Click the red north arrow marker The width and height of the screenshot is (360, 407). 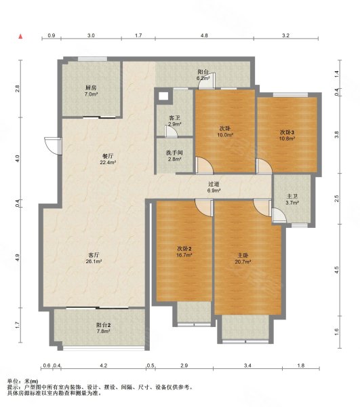pyautogui.click(x=20, y=37)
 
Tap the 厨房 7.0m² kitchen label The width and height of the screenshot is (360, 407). pyautogui.click(x=91, y=91)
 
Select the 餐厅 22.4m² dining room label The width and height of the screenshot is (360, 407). pyautogui.click(x=108, y=159)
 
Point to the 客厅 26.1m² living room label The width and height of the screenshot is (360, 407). pyautogui.click(x=94, y=258)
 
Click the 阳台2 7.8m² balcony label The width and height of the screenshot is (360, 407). pyautogui.click(x=103, y=328)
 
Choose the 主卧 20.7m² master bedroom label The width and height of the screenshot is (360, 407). pyautogui.click(x=243, y=259)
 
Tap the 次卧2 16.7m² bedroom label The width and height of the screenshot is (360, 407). pyautogui.click(x=184, y=252)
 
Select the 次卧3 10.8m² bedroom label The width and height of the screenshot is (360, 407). pyautogui.click(x=287, y=135)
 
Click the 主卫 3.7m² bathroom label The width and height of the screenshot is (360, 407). pyautogui.click(x=292, y=199)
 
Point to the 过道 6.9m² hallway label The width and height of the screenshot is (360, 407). pyautogui.click(x=214, y=187)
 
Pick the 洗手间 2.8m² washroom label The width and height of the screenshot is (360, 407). pyautogui.click(x=174, y=156)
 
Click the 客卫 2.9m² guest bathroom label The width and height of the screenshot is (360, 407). pyautogui.click(x=174, y=121)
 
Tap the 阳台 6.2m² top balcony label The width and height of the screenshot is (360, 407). pyautogui.click(x=203, y=75)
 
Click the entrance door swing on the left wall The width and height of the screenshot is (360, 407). pyautogui.click(x=53, y=146)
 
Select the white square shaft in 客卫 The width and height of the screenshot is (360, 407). pyautogui.click(x=163, y=96)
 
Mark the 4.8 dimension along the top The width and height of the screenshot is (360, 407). pyautogui.click(x=204, y=35)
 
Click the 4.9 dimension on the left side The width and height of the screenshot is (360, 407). pyautogui.click(x=17, y=258)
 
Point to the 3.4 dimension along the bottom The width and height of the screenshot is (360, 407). pyautogui.click(x=247, y=366)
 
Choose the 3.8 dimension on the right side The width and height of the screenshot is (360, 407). pyautogui.click(x=337, y=134)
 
